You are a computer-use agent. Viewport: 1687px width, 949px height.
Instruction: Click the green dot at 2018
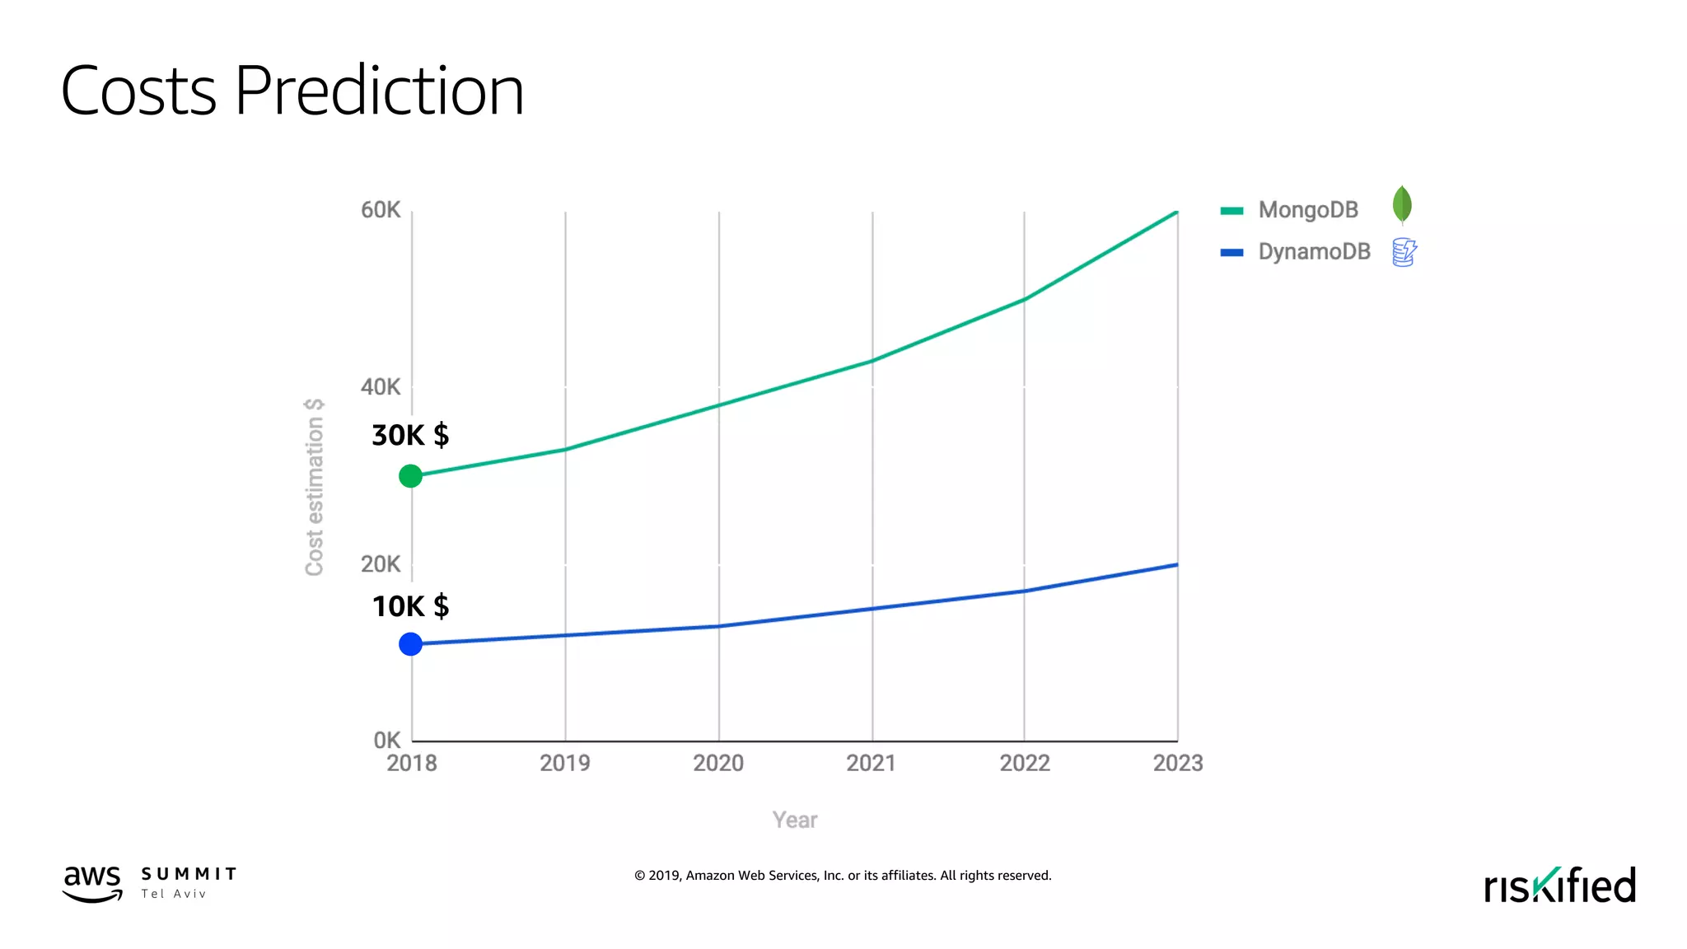click(x=410, y=475)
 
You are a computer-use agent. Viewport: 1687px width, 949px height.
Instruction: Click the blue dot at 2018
click(x=410, y=643)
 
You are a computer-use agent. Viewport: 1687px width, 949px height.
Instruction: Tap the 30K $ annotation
click(x=410, y=435)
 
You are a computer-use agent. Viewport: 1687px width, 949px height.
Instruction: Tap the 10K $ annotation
click(x=410, y=606)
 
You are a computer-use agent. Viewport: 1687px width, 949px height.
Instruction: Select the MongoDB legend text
click(x=1308, y=210)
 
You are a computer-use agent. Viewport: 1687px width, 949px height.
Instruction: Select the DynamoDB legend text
click(x=1314, y=252)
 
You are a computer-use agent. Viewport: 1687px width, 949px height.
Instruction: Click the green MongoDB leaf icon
click(x=1402, y=205)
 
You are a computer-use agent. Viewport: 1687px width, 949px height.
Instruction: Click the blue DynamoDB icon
click(x=1404, y=252)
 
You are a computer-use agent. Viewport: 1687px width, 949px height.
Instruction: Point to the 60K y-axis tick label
click(x=381, y=210)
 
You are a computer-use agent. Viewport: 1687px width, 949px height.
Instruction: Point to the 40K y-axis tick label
click(x=381, y=387)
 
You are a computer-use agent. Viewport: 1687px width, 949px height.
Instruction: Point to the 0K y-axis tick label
click(x=387, y=740)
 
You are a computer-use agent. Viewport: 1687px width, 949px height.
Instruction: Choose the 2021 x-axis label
click(x=871, y=763)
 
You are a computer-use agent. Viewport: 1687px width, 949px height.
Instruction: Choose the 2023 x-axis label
click(x=1177, y=763)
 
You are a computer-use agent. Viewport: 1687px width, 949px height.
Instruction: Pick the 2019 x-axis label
click(x=564, y=763)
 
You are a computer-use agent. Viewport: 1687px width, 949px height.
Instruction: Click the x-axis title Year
click(x=794, y=820)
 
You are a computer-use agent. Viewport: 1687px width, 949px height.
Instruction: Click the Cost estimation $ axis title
click(x=315, y=487)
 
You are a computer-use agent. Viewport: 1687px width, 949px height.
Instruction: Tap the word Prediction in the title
click(x=379, y=91)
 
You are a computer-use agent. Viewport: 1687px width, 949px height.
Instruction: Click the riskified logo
click(x=1559, y=886)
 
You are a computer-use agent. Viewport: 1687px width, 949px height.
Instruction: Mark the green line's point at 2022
click(x=1024, y=299)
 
